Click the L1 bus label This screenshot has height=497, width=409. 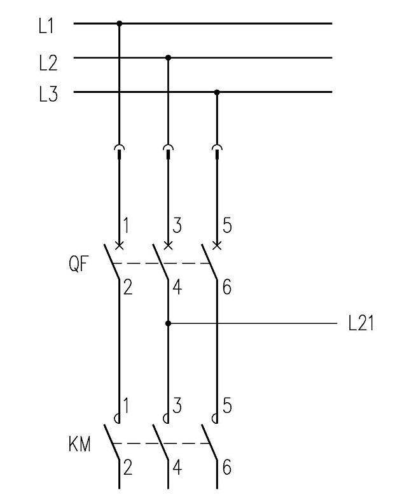[x=46, y=26]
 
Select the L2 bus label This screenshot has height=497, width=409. [x=48, y=62]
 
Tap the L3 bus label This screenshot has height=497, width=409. [x=48, y=94]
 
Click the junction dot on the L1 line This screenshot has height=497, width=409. [x=120, y=24]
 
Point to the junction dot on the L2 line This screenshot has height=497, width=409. [x=168, y=58]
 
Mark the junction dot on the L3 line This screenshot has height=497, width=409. [x=217, y=92]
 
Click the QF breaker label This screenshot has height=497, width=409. [x=78, y=264]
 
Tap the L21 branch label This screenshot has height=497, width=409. [x=361, y=324]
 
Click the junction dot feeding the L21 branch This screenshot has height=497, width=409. [x=168, y=323]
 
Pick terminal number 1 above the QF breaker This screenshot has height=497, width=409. [x=126, y=225]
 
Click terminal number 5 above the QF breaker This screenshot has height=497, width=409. [x=227, y=225]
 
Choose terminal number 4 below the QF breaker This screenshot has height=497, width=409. [x=177, y=288]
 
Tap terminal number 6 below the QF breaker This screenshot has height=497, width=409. [x=227, y=288]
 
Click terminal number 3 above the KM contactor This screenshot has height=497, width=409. [x=177, y=405]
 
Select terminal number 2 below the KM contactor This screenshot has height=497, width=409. [x=127, y=467]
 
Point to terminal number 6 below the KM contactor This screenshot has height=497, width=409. [x=227, y=467]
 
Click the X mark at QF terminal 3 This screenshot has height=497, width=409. [x=168, y=246]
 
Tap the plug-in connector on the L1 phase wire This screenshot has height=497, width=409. [x=120, y=151]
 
